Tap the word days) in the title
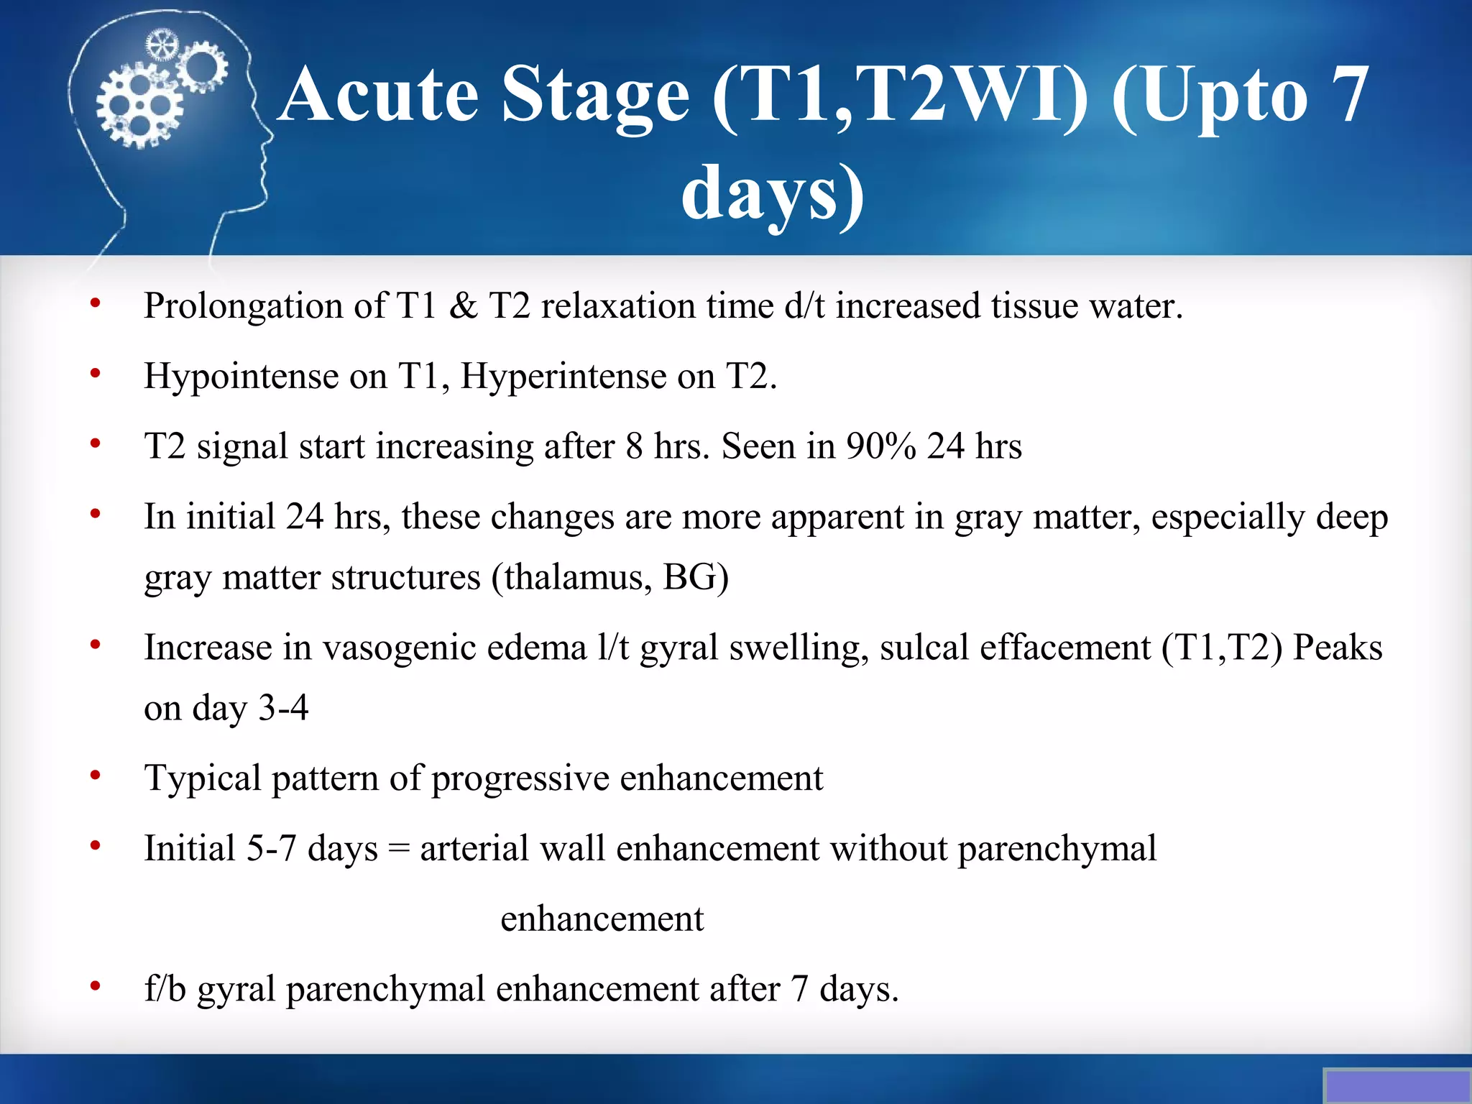773,194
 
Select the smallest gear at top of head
161,45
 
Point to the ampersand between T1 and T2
463,305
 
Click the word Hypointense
241,377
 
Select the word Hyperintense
563,377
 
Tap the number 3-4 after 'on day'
283,709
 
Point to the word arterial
474,849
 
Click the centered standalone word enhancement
602,919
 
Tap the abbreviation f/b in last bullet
165,989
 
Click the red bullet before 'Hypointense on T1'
95,374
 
